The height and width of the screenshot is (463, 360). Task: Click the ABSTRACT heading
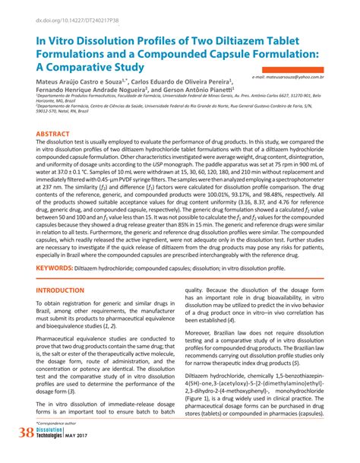coord(54,134)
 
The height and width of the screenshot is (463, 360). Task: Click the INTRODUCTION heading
coord(63,291)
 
